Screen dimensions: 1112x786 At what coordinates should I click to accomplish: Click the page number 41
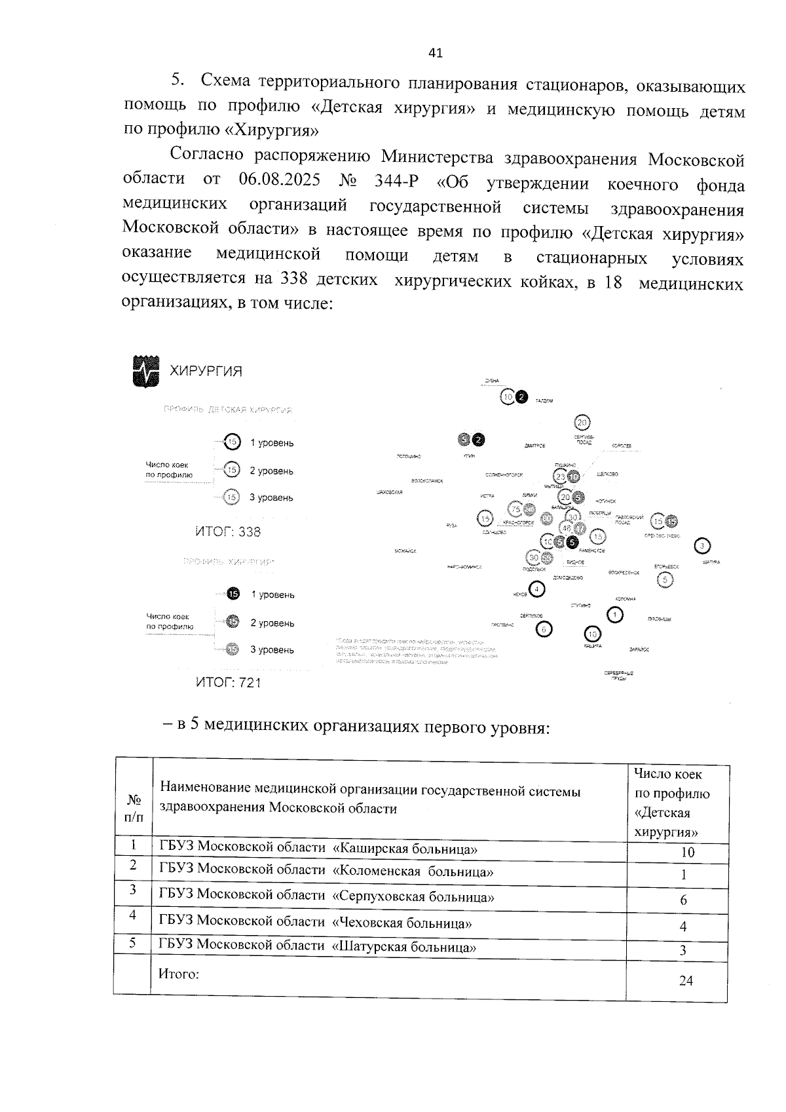(436, 53)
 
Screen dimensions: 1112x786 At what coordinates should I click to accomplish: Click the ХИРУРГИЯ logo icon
(145, 372)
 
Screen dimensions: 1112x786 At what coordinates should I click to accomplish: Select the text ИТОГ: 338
(228, 531)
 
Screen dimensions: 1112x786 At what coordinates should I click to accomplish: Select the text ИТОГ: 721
(229, 683)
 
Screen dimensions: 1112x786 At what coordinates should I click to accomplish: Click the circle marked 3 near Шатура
(703, 546)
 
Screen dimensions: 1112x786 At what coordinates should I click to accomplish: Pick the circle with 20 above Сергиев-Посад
(582, 423)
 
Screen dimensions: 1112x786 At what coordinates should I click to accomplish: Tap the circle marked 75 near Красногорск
(515, 509)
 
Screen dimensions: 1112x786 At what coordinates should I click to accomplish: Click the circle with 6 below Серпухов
(544, 629)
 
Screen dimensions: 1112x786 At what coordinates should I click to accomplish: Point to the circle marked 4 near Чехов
(537, 589)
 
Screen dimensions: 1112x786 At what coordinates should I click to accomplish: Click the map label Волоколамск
(427, 481)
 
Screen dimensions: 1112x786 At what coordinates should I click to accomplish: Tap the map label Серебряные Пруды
(619, 676)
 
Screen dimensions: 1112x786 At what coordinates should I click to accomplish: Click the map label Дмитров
(534, 446)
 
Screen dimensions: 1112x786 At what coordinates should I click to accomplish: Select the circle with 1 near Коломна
(615, 615)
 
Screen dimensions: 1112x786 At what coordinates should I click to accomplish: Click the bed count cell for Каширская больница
(686, 853)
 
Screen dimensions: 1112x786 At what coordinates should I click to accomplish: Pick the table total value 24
(686, 980)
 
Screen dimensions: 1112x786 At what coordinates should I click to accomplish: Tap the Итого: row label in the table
(179, 974)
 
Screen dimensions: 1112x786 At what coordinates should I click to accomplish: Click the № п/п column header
(134, 808)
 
